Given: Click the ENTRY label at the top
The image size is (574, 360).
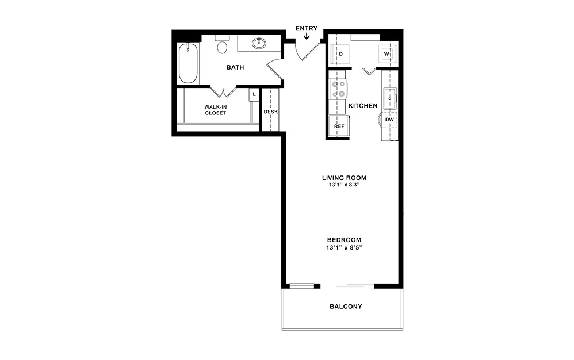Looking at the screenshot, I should (306, 28).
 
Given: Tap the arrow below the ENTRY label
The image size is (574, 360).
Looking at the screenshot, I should (306, 37).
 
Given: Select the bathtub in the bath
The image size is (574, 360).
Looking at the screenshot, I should (189, 64).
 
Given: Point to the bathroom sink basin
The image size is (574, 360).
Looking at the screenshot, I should (259, 42).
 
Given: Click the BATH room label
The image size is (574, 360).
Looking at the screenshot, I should (235, 67).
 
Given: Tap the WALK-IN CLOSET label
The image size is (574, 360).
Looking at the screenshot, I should (216, 110).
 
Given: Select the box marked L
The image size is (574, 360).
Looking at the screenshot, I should (252, 94).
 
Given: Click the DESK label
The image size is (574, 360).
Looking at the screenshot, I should (271, 112).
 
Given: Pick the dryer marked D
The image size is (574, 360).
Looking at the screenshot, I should (340, 54).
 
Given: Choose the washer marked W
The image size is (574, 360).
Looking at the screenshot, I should (387, 54).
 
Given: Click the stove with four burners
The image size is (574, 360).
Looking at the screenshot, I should (338, 89).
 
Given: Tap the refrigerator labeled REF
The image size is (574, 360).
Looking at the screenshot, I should (339, 125).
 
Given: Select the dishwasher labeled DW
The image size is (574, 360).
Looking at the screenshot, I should (389, 120).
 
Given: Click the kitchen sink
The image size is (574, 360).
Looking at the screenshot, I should (389, 98).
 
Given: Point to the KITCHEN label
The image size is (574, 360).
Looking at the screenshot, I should (363, 106).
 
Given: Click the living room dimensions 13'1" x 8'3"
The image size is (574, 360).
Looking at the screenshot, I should (344, 185).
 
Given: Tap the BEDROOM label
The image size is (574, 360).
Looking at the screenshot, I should (344, 240).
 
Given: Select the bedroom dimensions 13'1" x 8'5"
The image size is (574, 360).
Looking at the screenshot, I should (344, 247).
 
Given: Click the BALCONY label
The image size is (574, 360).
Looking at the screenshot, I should (346, 307).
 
